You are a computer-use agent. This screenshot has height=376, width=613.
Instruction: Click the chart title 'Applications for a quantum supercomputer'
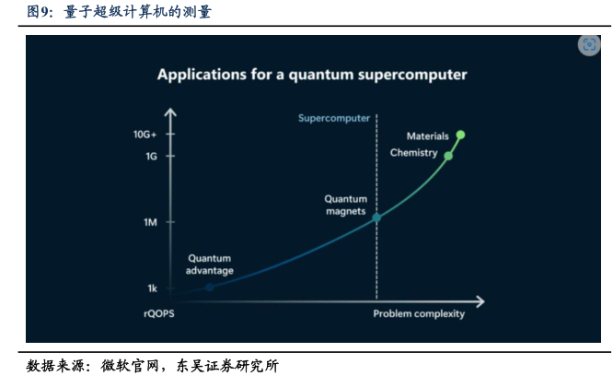click(x=312, y=75)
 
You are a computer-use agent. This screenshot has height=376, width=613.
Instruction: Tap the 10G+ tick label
click(x=145, y=135)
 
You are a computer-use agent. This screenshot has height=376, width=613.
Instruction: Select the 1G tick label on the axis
click(x=151, y=157)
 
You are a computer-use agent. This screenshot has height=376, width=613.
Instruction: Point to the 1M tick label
click(x=150, y=222)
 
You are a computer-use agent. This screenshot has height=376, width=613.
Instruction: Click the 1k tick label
click(x=152, y=288)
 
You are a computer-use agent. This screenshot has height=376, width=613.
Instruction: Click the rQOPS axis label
click(x=159, y=313)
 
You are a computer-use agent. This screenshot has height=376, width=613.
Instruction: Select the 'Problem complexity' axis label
click(x=419, y=313)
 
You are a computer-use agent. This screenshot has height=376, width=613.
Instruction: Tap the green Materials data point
click(x=460, y=135)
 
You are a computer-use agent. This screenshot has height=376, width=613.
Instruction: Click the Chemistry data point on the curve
click(x=448, y=156)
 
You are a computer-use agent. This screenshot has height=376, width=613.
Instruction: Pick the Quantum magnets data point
click(x=376, y=217)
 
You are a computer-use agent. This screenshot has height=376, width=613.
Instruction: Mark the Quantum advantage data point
click(x=210, y=288)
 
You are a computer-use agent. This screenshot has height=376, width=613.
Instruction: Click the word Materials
click(x=428, y=136)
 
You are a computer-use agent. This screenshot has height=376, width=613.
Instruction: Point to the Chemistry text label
click(x=413, y=153)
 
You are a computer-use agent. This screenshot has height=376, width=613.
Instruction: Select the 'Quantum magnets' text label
click(x=346, y=205)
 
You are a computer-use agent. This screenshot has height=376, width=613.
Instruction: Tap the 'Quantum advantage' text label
click(x=210, y=264)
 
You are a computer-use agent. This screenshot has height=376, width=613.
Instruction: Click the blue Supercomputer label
click(x=334, y=118)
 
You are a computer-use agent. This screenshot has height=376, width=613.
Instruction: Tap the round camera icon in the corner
click(x=589, y=44)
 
